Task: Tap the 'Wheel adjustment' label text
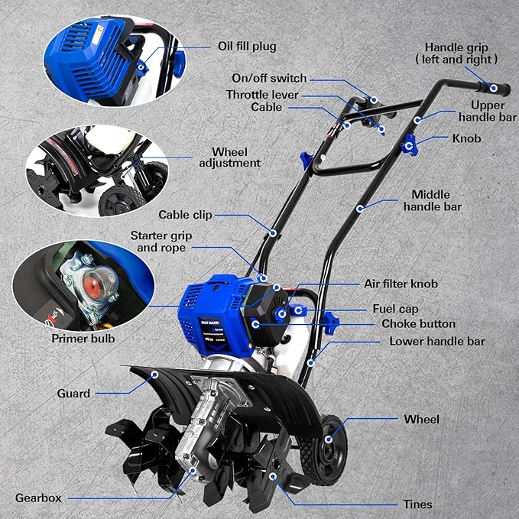[x=229, y=157]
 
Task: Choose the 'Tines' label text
[x=417, y=504]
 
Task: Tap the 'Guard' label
[x=73, y=394]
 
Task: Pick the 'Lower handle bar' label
[x=437, y=341]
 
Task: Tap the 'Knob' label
[x=466, y=140]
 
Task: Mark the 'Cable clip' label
[x=185, y=215]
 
